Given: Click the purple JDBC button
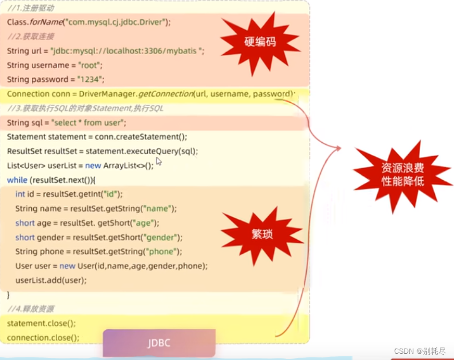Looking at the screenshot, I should pos(159,343).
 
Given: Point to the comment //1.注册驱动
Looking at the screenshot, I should pos(31,8).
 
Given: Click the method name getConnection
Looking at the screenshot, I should pos(166,94).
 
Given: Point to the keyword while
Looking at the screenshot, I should pos(17,180).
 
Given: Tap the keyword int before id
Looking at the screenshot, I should pos(20,194).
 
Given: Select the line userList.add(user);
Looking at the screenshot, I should pos(51,280).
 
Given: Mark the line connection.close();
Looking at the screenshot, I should pos(43,337).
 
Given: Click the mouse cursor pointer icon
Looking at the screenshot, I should pos(159,162).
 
